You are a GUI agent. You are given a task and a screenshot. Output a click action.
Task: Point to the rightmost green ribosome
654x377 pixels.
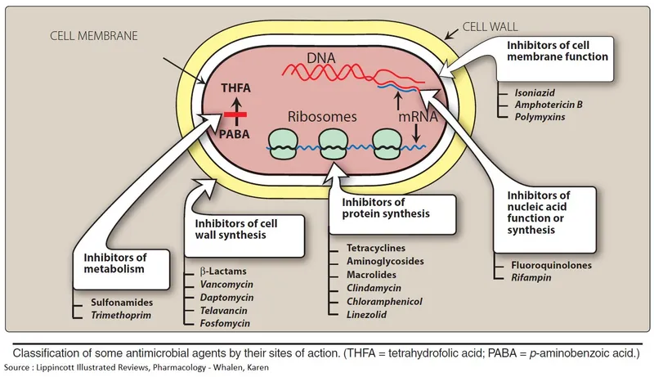387,144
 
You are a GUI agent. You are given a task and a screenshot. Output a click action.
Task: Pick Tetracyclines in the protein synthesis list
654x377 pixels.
377,248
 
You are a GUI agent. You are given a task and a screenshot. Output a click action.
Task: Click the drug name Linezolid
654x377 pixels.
367,314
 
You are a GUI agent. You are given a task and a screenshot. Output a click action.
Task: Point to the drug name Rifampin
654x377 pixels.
531,279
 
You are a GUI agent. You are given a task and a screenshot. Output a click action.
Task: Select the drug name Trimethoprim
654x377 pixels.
123,314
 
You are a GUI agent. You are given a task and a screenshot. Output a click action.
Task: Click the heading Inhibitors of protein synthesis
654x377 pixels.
374,209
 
